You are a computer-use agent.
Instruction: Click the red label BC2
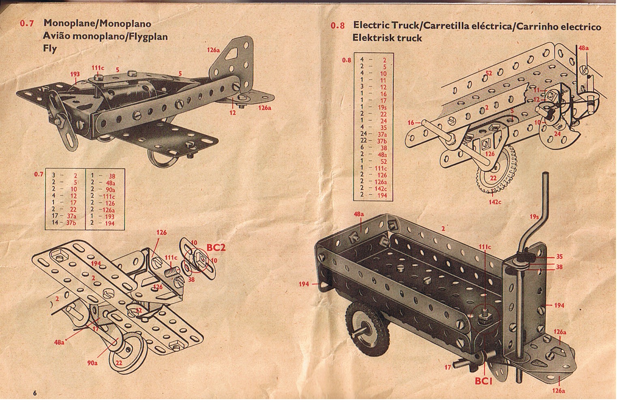(215, 247)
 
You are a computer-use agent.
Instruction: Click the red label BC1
(483, 381)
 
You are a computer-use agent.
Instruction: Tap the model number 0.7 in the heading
(27, 24)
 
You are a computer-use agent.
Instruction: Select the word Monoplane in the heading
(69, 23)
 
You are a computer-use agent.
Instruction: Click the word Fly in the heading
(50, 49)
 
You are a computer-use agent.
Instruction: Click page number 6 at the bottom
(35, 393)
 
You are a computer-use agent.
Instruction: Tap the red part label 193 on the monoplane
(75, 74)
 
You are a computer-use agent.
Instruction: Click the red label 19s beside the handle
(535, 217)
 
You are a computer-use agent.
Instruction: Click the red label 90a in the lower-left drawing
(93, 363)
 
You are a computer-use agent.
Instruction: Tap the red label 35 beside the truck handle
(559, 256)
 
